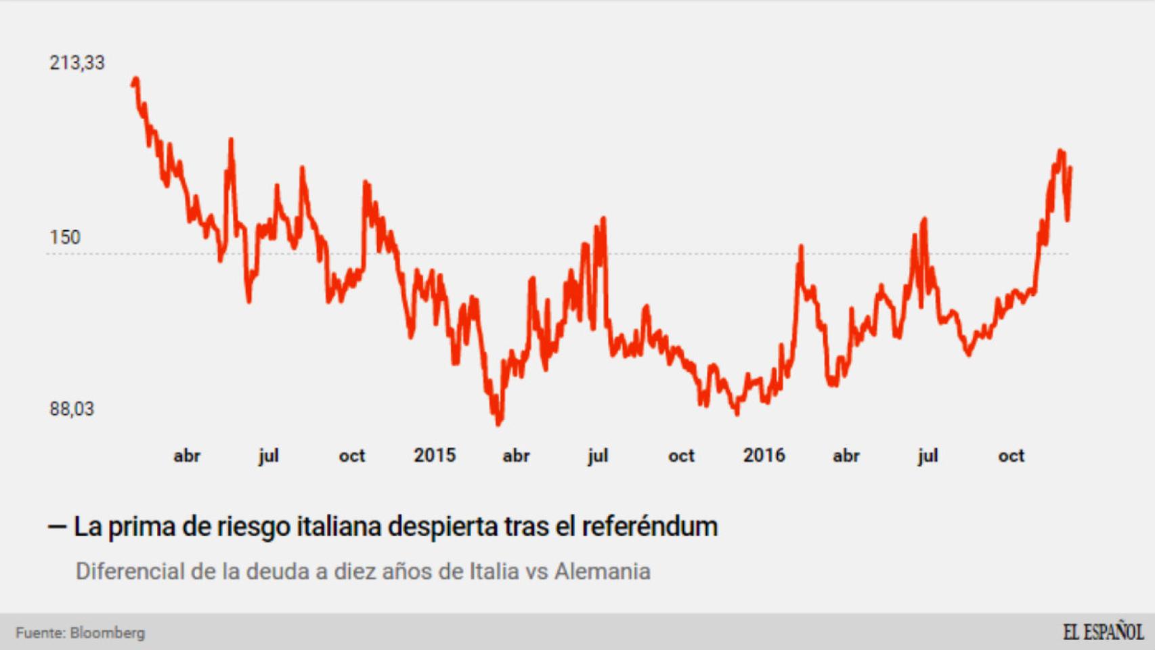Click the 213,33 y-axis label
click(x=77, y=63)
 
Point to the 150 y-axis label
click(x=65, y=238)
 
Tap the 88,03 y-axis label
click(x=72, y=409)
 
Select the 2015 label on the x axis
click(x=435, y=455)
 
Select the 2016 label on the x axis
click(x=764, y=455)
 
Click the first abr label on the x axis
click(x=187, y=456)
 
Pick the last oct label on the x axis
click(x=1011, y=456)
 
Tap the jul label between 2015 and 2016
click(x=598, y=456)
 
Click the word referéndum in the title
click(x=649, y=527)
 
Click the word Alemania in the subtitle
click(x=602, y=571)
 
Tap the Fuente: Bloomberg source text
click(x=80, y=633)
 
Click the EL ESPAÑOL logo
click(x=1103, y=632)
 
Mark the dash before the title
click(x=57, y=527)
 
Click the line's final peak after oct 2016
click(x=1061, y=152)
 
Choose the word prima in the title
click(x=141, y=527)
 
